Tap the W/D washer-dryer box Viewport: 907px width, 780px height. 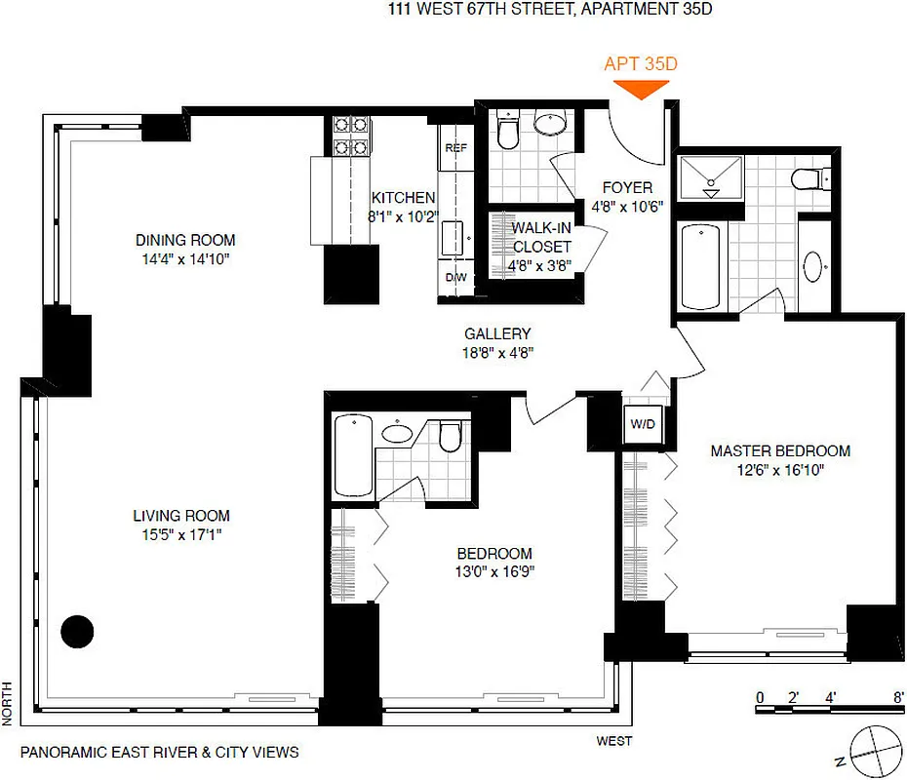[642, 425]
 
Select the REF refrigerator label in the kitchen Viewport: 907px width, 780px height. [455, 148]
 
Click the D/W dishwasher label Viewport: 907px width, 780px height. [455, 278]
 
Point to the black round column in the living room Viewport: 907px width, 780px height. [77, 632]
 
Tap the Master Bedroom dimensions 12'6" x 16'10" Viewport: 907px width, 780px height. [780, 469]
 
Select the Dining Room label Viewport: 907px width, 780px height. [185, 240]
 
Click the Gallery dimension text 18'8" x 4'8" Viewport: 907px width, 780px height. [497, 352]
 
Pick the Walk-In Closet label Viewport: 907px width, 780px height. [541, 237]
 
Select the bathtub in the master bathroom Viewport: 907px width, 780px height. [698, 265]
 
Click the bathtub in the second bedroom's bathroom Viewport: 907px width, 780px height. [351, 454]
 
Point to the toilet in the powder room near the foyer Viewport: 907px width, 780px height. [508, 131]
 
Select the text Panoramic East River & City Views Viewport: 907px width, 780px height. [159, 752]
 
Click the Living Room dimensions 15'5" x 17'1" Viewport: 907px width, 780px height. [182, 534]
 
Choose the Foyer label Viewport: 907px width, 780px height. [627, 187]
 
